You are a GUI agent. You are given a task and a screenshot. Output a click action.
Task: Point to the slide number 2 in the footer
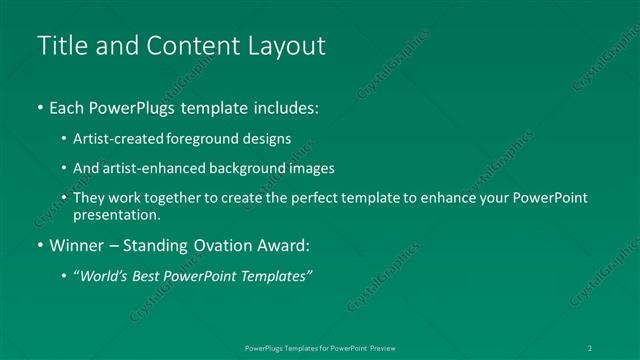pos(591,347)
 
